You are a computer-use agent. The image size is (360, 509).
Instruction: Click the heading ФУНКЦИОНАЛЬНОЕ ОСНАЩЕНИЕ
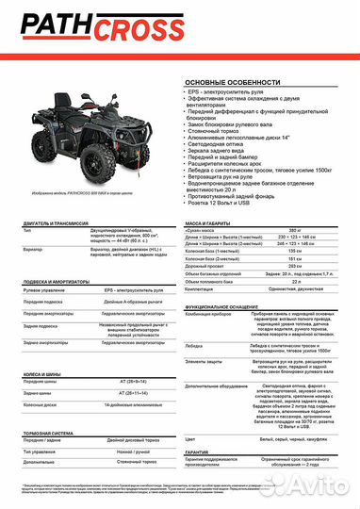pos(223,306)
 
